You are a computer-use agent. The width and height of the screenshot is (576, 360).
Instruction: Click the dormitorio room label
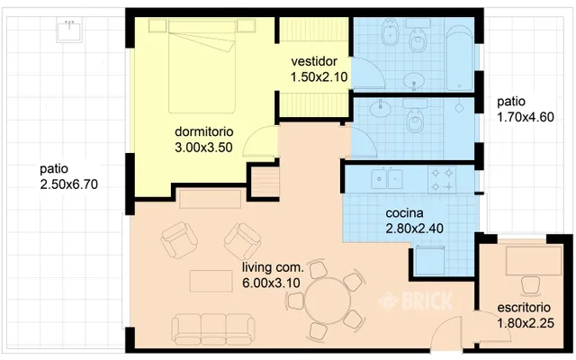(x=204, y=131)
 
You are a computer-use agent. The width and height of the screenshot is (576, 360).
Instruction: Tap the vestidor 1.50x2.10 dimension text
(x=319, y=77)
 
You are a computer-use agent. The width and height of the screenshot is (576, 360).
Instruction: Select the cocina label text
(x=404, y=213)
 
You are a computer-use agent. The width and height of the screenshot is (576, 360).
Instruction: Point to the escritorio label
(x=524, y=308)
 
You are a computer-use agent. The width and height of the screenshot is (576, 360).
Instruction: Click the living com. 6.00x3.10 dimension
(x=271, y=283)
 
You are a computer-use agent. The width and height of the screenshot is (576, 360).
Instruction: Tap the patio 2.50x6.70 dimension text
(x=69, y=184)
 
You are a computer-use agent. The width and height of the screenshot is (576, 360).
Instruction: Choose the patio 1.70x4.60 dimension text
(x=526, y=117)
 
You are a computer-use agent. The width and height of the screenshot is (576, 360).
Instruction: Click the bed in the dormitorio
(x=202, y=67)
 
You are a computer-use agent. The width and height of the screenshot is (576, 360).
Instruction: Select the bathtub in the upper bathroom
(x=459, y=58)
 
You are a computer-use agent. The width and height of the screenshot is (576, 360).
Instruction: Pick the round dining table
(x=328, y=301)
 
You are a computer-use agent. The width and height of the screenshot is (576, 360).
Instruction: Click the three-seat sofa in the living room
(x=213, y=328)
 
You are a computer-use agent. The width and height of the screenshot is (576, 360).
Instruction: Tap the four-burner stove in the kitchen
(x=442, y=180)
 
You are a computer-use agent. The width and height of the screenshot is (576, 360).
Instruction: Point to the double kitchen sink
(x=386, y=178)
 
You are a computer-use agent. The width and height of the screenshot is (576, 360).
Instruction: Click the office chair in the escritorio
(x=530, y=286)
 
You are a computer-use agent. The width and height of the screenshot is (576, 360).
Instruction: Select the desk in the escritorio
(x=534, y=260)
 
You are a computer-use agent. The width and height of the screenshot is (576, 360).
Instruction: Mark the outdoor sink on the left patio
(x=69, y=31)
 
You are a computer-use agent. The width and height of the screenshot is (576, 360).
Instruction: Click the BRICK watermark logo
(x=416, y=301)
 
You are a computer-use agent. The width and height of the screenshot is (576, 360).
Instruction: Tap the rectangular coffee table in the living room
(x=211, y=281)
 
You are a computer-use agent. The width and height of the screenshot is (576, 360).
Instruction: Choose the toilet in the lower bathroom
(x=415, y=120)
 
